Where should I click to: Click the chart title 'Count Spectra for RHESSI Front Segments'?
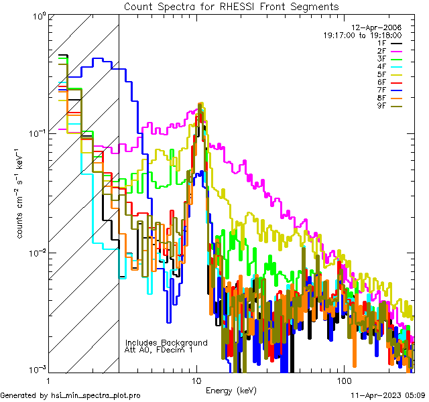(231, 6)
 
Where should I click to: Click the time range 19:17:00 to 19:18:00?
(363, 35)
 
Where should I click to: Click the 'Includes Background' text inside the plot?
(166, 342)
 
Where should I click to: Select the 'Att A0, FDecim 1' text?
(159, 350)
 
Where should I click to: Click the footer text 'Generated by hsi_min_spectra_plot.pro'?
(70, 395)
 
